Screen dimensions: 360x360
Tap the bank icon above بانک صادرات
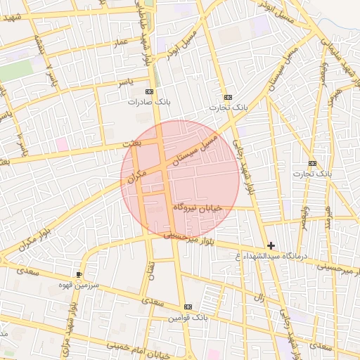[x=148, y=91]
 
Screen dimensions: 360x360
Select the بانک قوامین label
[x=188, y=318]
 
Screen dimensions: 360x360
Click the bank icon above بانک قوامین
[x=188, y=307]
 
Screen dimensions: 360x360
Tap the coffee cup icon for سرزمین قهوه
[x=79, y=274]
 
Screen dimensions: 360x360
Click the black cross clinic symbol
[x=271, y=245]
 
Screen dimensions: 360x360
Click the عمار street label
[x=121, y=44]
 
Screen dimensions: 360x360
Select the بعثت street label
[x=131, y=143]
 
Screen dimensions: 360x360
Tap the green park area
[x=15, y=69]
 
